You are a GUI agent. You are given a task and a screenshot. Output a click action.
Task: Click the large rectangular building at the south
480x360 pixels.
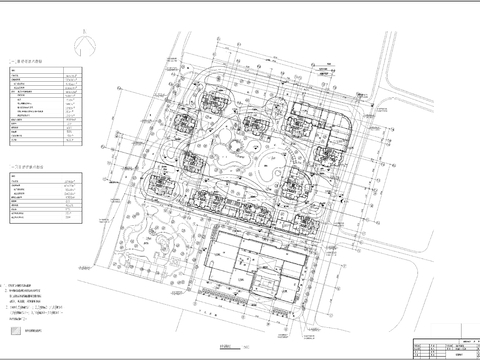[x=258, y=266]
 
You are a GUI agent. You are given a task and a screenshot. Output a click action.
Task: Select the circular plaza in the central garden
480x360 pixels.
[x=243, y=150]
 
